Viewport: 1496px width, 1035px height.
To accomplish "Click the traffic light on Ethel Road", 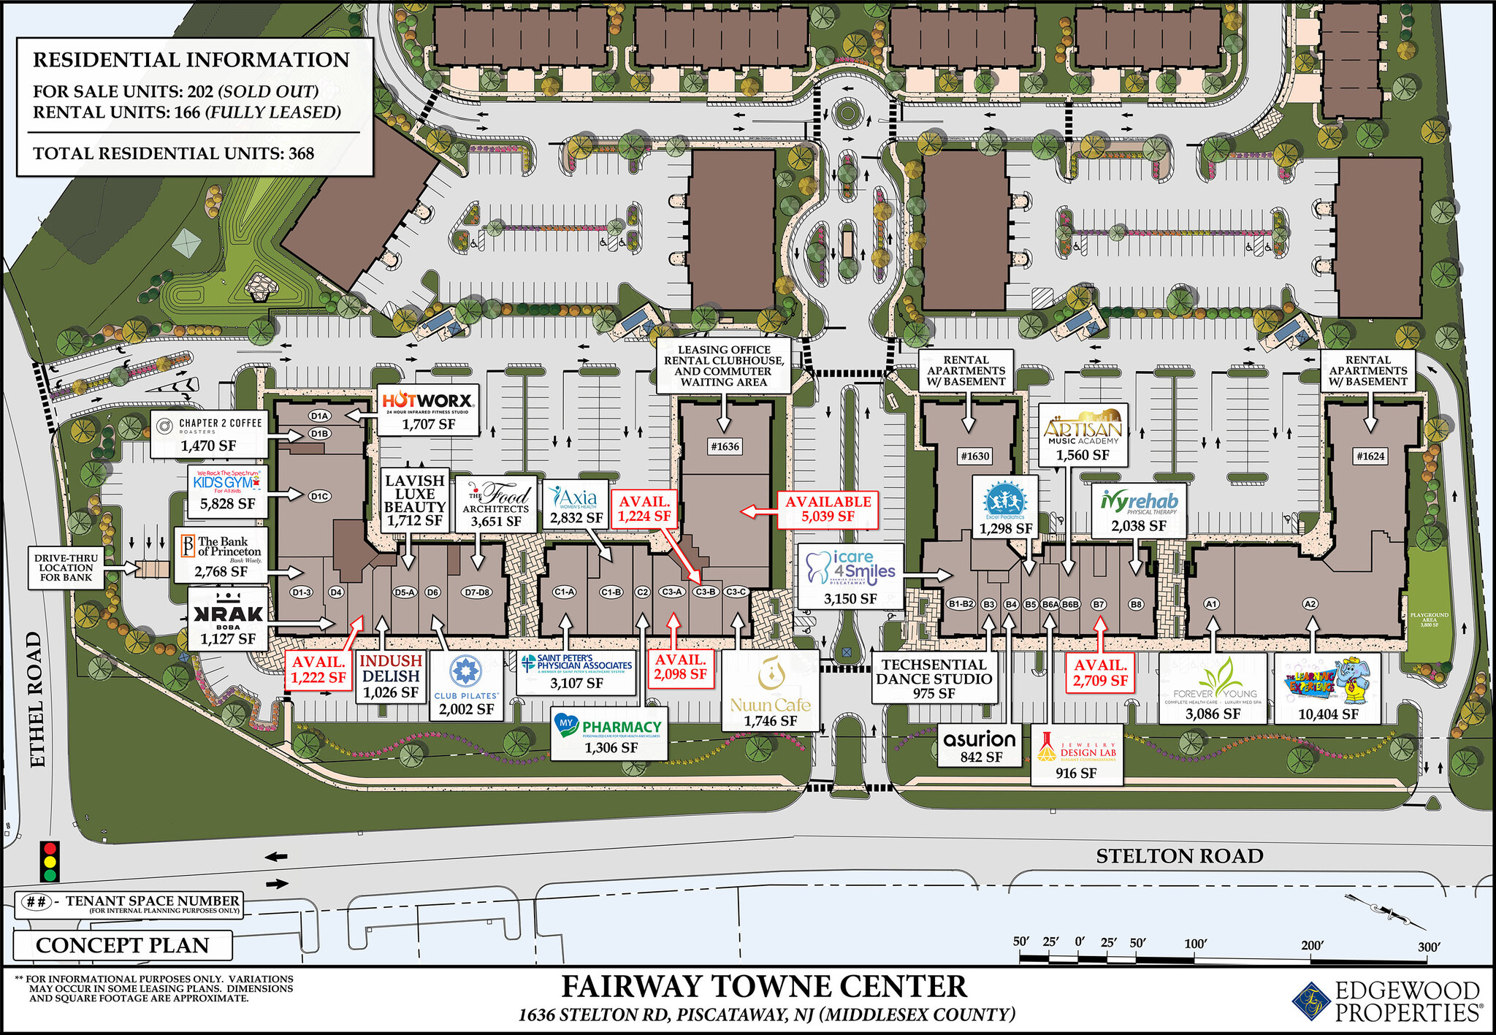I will click(x=50, y=862).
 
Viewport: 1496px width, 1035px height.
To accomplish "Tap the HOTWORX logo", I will click(x=427, y=401).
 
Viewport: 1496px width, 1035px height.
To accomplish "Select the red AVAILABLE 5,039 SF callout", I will click(x=828, y=508).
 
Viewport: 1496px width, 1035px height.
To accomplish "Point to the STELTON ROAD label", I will click(x=1179, y=856).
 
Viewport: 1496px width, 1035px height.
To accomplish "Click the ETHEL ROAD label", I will click(x=37, y=699).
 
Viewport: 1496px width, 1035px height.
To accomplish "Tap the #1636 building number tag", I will click(x=725, y=446).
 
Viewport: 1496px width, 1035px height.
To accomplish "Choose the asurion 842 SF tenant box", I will click(x=979, y=746).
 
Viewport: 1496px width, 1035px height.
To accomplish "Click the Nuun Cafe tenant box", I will click(x=770, y=691).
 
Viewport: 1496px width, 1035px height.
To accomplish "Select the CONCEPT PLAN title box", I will click(x=123, y=945).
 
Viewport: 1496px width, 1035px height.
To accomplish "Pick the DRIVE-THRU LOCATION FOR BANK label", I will click(x=66, y=568).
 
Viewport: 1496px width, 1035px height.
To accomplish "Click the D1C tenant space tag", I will click(x=319, y=496).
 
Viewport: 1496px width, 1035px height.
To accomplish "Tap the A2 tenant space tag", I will click(x=1310, y=604).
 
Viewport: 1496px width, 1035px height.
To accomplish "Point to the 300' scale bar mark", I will click(x=1429, y=947).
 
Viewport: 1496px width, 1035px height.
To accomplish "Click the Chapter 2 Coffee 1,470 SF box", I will click(x=209, y=433).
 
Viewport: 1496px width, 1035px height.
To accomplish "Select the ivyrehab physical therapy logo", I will click(x=1139, y=503).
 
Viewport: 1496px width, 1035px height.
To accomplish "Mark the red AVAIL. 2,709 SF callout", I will click(x=1100, y=673).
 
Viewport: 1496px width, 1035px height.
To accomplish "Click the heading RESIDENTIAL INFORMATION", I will click(x=191, y=60).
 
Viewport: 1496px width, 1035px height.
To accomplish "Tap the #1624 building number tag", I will click(x=1370, y=457).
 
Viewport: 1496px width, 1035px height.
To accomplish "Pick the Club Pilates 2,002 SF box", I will click(x=466, y=686).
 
